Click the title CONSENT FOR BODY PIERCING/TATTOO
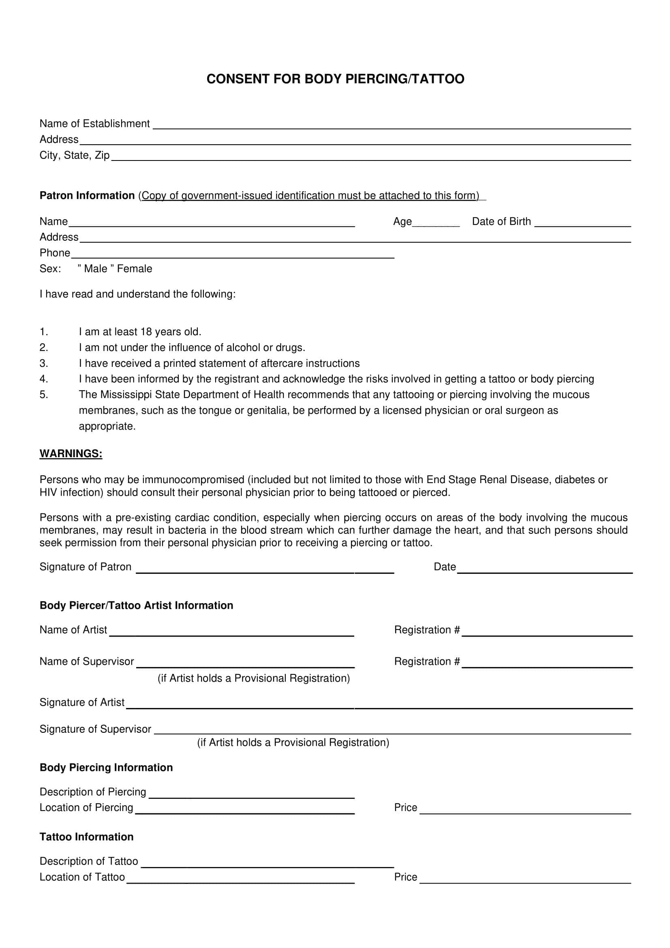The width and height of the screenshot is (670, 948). click(x=335, y=79)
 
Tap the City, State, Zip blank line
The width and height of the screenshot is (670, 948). click(x=371, y=158)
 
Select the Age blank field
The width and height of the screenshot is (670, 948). click(x=436, y=224)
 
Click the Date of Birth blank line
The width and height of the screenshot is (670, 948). click(x=582, y=224)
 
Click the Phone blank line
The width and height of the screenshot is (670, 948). click(x=232, y=255)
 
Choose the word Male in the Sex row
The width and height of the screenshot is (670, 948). click(x=95, y=269)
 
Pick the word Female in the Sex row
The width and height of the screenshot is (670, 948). click(x=135, y=269)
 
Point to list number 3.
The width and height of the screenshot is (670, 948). click(x=44, y=363)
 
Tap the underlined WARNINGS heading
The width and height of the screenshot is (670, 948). click(x=71, y=454)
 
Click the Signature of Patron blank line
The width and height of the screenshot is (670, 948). click(x=265, y=570)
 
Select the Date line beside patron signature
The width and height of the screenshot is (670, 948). click(x=544, y=570)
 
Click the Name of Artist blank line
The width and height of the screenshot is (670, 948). click(x=231, y=633)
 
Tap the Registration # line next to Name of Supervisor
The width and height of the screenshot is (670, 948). click(x=547, y=664)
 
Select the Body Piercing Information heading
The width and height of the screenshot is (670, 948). click(x=106, y=768)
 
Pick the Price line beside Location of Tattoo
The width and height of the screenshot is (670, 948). click(x=525, y=880)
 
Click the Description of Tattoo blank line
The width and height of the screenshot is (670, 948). click(x=268, y=864)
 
